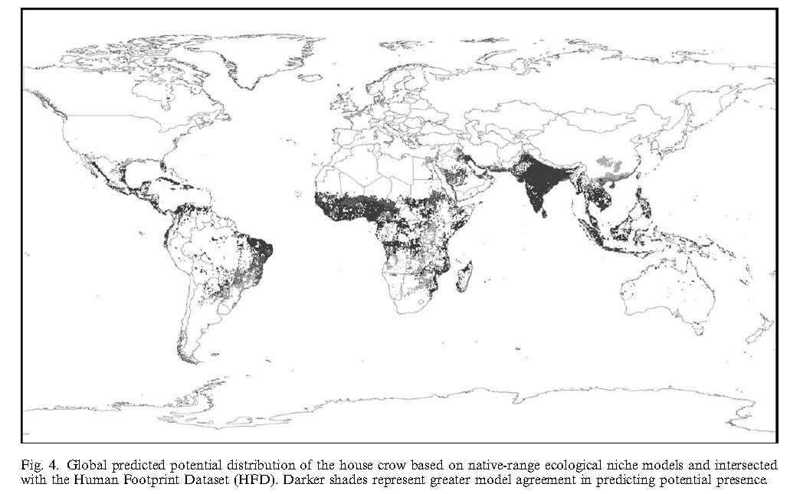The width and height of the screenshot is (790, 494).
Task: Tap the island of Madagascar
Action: [x=466, y=275]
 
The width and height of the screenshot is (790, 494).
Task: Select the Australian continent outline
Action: [x=667, y=291]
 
